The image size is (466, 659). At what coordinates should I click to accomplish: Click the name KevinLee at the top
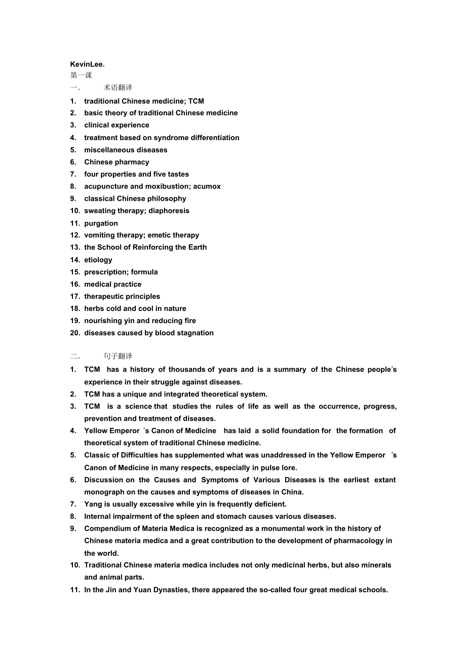tap(87, 64)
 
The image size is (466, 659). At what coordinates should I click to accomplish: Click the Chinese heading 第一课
tap(81, 75)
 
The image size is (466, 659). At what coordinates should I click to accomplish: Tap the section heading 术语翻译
tap(118, 87)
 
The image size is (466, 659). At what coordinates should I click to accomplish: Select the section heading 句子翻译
tap(118, 356)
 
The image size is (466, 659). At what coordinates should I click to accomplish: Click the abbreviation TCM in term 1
tap(196, 101)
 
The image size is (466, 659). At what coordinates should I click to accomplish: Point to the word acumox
tap(207, 186)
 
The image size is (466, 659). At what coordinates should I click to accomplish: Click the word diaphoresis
tap(169, 210)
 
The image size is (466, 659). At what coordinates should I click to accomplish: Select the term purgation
tap(101, 223)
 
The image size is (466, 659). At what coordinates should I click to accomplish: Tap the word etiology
tap(98, 259)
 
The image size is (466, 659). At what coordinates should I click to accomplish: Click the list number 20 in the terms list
tap(75, 333)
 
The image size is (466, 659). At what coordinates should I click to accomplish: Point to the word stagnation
tap(195, 333)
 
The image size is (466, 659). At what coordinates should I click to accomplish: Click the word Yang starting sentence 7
tap(93, 504)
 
